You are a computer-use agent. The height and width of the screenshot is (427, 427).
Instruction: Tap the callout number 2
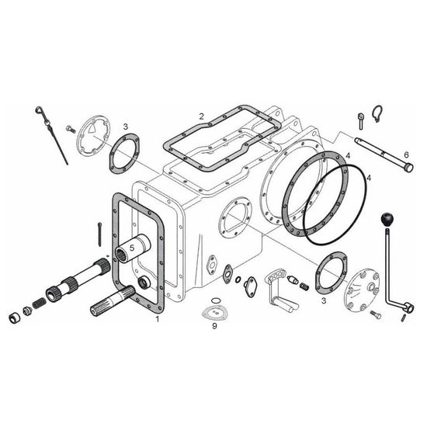[x=201, y=116]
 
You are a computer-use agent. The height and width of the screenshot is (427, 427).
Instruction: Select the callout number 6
[x=406, y=155]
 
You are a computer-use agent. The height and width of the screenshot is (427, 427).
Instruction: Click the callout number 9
[x=214, y=326]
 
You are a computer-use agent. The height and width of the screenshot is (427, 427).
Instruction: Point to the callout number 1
[x=157, y=319]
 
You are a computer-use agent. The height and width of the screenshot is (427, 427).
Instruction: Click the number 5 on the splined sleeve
[x=132, y=248]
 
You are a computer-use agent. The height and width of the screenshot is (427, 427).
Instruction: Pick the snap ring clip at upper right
[x=377, y=113]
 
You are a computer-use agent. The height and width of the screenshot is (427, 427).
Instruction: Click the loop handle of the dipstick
[x=39, y=110]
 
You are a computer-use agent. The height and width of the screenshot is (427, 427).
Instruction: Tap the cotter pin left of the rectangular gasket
[x=100, y=234]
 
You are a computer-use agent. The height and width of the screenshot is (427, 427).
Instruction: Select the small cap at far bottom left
[x=15, y=318]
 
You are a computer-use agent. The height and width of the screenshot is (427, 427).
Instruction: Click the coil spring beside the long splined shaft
[x=39, y=303]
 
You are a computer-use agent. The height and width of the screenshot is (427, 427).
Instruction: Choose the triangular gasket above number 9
[x=215, y=313]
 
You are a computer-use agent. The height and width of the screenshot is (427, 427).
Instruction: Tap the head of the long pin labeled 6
[x=408, y=167]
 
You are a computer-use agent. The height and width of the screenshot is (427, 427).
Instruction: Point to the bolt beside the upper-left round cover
[x=71, y=129]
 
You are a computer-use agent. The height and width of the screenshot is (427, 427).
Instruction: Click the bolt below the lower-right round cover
[x=376, y=314]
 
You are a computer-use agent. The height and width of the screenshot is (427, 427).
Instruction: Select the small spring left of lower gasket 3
[x=304, y=286]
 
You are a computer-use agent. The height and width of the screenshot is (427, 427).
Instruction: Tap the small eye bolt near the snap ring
[x=360, y=121]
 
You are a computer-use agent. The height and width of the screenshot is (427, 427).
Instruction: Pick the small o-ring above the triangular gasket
[x=215, y=300]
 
